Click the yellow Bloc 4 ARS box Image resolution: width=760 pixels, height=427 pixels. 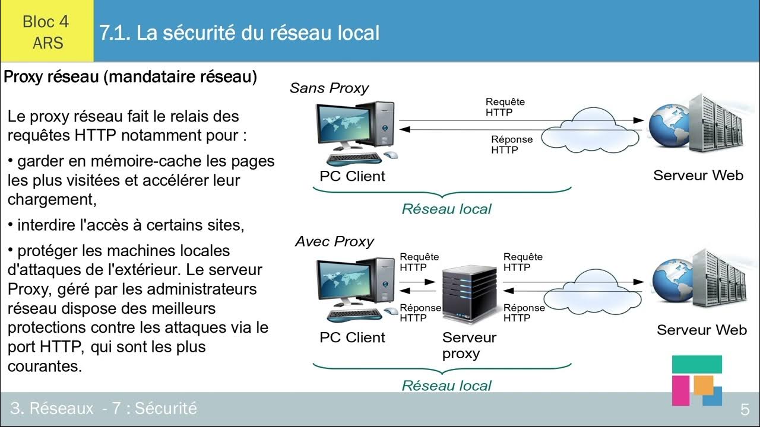coord(46,31)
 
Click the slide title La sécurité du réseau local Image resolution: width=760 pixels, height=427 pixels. coord(239,33)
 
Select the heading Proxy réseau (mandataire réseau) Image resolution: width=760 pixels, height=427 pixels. coord(131,77)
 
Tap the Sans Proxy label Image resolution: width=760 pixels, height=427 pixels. coord(329,88)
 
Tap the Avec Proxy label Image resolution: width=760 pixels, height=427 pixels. coord(334,241)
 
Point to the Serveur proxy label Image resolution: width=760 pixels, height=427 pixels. coord(468,345)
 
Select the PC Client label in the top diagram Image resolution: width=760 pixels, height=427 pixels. coord(352,176)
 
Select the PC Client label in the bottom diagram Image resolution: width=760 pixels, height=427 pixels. coord(352,337)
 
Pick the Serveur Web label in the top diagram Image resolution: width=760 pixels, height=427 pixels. coord(698,176)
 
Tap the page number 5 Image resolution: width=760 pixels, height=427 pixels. coord(745,409)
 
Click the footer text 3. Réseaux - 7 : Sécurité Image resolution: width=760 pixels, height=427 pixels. coord(103,408)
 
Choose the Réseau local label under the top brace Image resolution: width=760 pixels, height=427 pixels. coord(446,209)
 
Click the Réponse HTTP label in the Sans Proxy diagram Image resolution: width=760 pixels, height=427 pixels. coord(511,145)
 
